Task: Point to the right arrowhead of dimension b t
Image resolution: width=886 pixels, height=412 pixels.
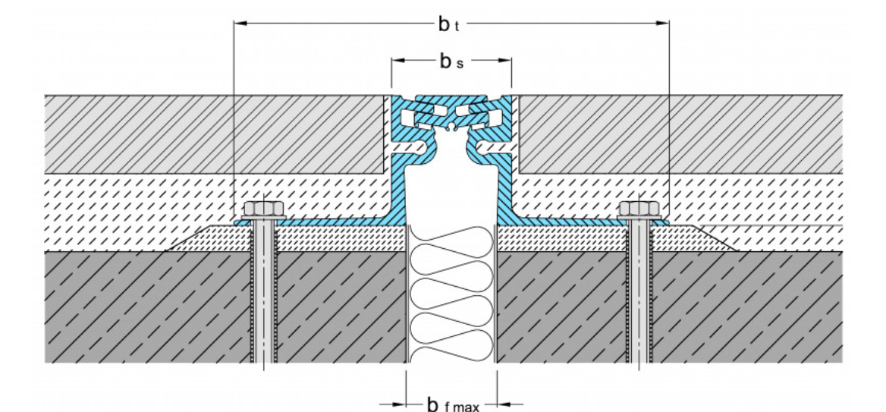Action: tap(662, 23)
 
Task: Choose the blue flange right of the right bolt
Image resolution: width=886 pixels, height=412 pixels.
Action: tap(661, 222)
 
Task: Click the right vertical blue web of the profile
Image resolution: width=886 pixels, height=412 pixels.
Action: tap(507, 190)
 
